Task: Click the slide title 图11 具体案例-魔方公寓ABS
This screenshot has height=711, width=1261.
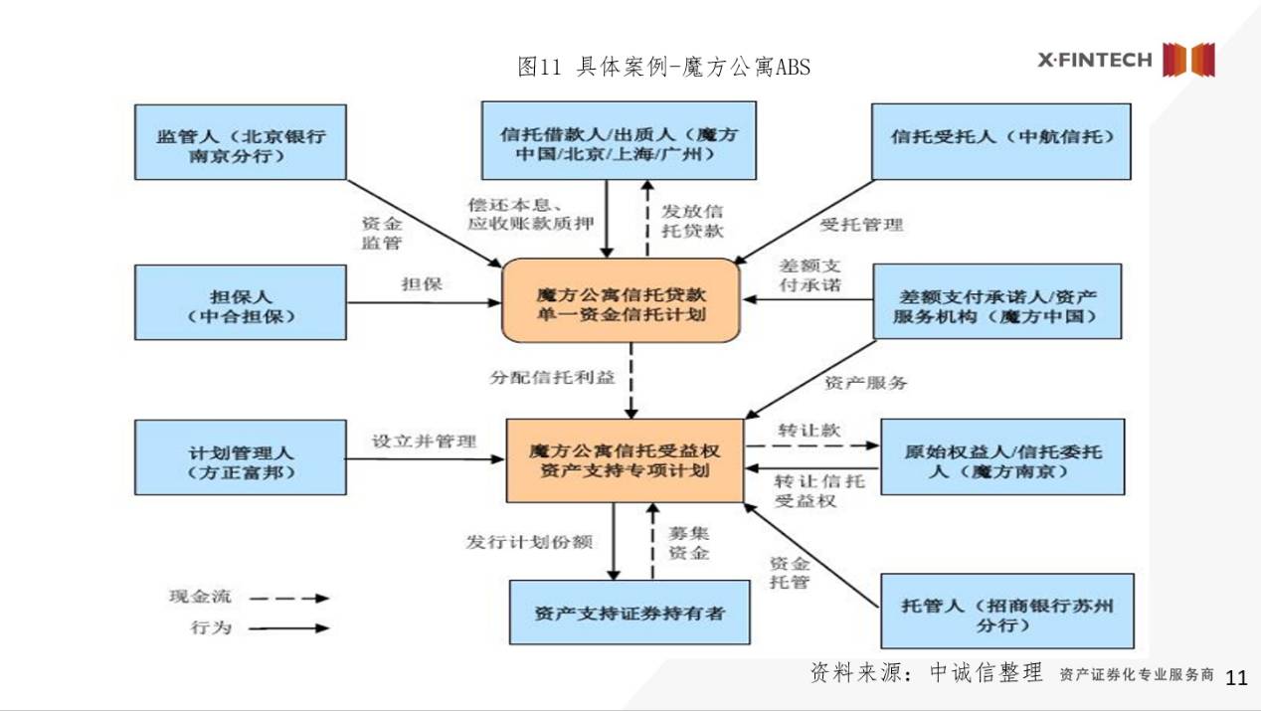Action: pyautogui.click(x=663, y=67)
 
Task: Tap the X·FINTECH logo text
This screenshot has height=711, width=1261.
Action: pyautogui.click(x=1095, y=60)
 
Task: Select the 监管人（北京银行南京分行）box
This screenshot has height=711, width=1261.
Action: pyautogui.click(x=241, y=142)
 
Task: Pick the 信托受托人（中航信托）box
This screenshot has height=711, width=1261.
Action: pyautogui.click(x=1000, y=140)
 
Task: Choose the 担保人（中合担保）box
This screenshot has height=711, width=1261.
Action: pyautogui.click(x=241, y=303)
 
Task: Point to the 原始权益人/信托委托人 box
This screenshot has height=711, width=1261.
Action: pyautogui.click(x=1001, y=456)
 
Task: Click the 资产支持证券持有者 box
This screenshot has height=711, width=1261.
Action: pyautogui.click(x=630, y=613)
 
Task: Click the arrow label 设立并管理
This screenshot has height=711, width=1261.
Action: pyautogui.click(x=424, y=441)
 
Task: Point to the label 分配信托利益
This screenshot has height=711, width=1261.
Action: pyautogui.click(x=552, y=379)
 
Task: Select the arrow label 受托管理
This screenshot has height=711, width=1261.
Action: pyautogui.click(x=861, y=225)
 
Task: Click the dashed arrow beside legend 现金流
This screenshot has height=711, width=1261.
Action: pyautogui.click(x=288, y=599)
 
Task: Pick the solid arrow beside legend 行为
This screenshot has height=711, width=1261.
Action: pyautogui.click(x=288, y=628)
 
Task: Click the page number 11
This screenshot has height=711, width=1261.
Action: pyautogui.click(x=1236, y=678)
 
